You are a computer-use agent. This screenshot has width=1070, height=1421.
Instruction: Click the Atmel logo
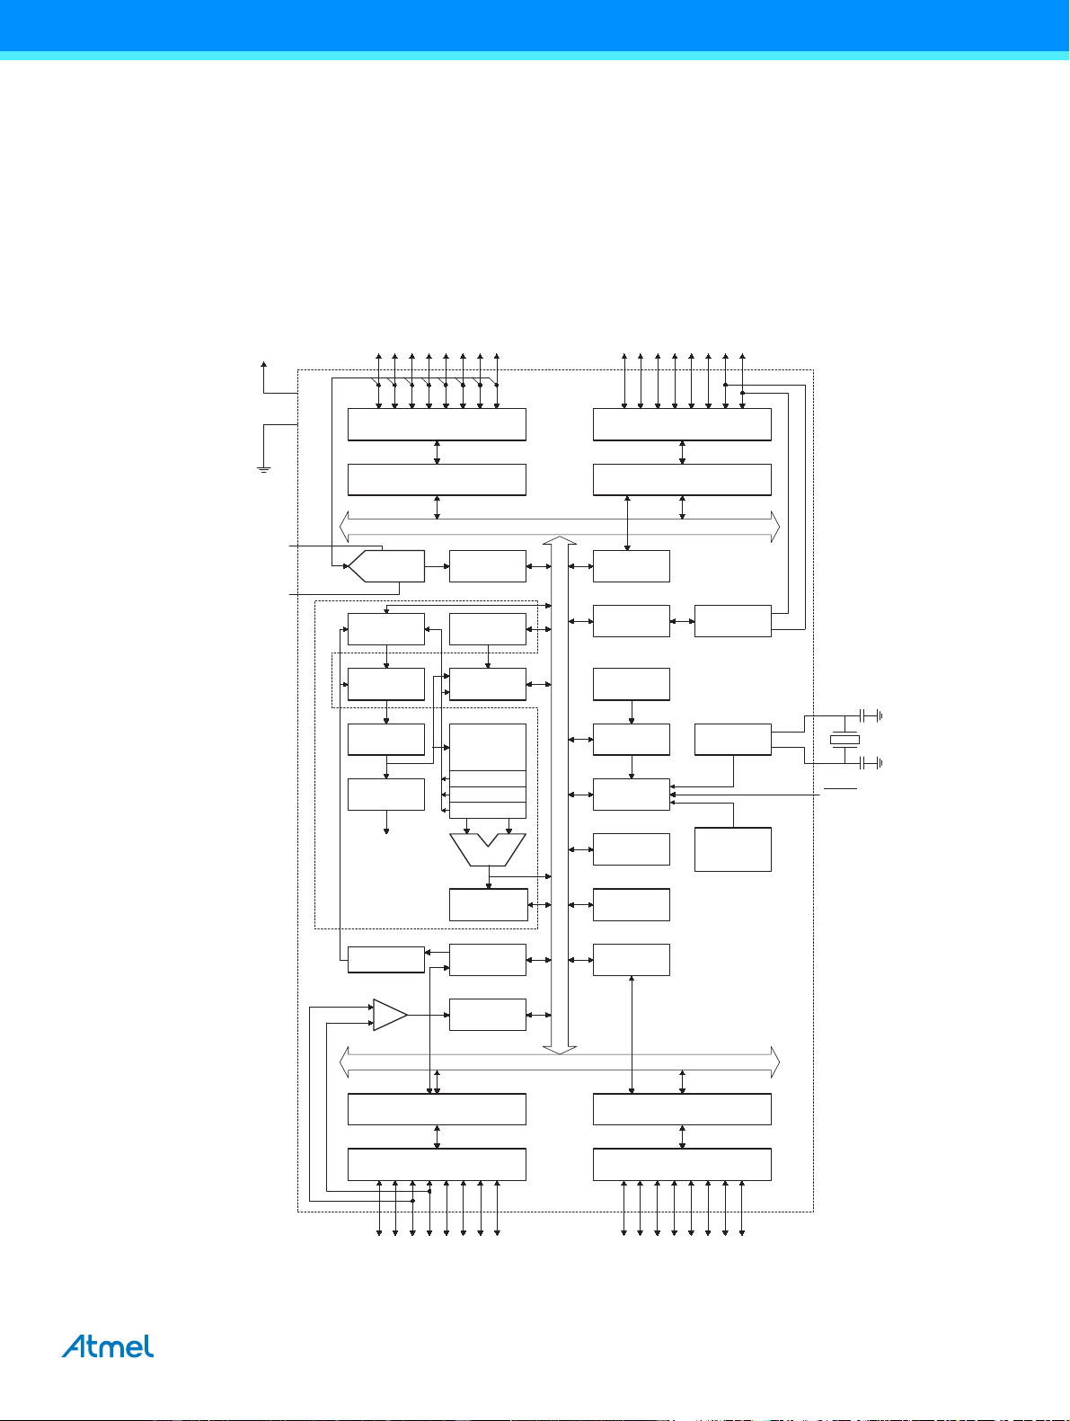pos(108,1346)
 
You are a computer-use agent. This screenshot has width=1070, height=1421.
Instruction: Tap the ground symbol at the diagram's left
pos(263,469)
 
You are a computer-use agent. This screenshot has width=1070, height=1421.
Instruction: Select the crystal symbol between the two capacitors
pos(845,740)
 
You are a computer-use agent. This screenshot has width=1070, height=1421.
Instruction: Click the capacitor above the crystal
pos(871,715)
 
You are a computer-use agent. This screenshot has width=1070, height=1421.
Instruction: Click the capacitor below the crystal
pos(871,763)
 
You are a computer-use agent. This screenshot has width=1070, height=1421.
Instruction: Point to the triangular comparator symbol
pos(390,1015)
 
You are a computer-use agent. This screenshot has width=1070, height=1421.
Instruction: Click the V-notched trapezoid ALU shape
pos(488,849)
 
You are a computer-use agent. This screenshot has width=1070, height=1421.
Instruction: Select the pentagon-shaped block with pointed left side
pos(386,566)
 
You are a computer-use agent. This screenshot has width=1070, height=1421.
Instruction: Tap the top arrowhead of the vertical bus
pos(560,540)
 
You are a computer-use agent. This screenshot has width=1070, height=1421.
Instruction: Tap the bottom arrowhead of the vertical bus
pos(560,1050)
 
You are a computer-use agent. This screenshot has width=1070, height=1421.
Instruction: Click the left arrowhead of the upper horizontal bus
pos(344,527)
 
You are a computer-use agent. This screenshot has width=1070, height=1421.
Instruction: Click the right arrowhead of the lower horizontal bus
pos(775,1061)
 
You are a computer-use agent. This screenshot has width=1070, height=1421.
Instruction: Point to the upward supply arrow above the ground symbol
pos(263,377)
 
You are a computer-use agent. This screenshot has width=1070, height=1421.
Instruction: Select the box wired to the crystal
pos(733,740)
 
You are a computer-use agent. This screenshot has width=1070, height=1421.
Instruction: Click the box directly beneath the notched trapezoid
pos(489,904)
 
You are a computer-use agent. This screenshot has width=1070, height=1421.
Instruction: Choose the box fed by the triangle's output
pos(488,1015)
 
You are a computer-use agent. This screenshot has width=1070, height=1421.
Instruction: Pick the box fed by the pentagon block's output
pos(488,566)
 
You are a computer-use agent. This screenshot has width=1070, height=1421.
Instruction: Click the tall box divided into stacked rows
pos(488,771)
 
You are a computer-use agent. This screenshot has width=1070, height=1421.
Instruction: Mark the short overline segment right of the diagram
pos(840,788)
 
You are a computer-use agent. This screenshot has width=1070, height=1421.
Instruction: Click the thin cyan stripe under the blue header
pos(535,56)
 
